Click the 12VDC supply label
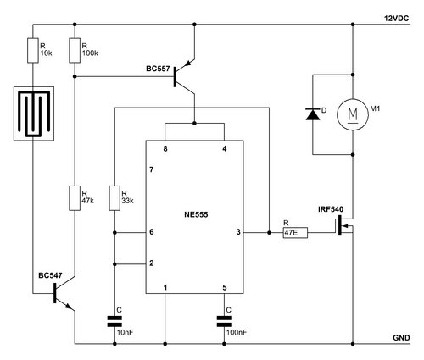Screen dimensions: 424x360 pos(396,19)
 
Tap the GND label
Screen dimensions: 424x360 pos(401,338)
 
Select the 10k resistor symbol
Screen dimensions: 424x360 pos(33,50)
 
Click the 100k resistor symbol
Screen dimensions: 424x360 pos(75,50)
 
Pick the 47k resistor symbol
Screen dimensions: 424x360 pos(75,198)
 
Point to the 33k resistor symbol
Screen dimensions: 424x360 pos(114,198)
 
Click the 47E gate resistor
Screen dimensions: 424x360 pos(295,233)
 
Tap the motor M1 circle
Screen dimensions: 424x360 pos(353,114)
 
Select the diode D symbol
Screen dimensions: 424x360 pos(313,114)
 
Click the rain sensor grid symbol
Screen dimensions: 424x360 pos(34,114)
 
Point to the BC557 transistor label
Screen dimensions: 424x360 pos(158,69)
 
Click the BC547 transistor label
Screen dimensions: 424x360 pos(50,275)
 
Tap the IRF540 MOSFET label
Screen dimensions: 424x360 pos(331,209)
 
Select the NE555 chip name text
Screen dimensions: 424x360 pos(196,214)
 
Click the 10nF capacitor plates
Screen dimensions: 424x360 pos(114,322)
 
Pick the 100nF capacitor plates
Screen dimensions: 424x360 pos(224,322)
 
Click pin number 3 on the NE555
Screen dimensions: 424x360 pos(238,232)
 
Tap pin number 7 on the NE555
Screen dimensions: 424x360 pos(152,169)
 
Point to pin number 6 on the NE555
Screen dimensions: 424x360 pos(152,232)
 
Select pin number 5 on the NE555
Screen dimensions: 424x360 pos(225,288)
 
